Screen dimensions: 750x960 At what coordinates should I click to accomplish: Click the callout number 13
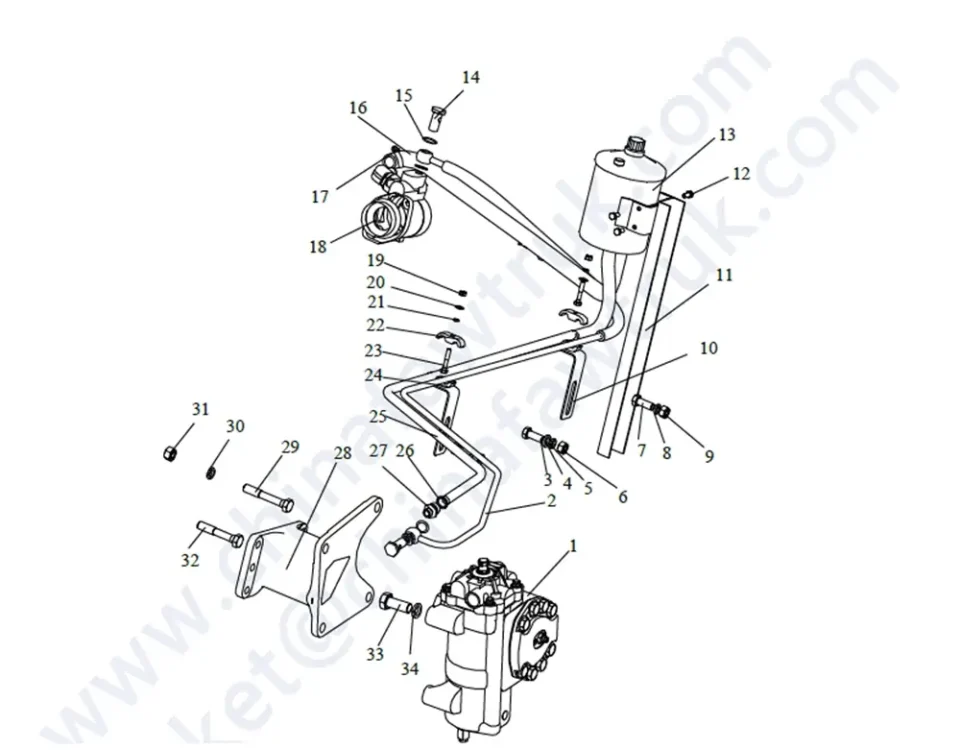tap(726, 135)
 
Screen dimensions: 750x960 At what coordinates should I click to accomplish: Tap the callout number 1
tap(573, 546)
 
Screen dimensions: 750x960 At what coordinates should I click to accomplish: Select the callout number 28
tap(343, 453)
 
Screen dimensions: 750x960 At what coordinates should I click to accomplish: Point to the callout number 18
tap(317, 246)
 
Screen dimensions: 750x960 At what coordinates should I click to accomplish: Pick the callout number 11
tap(724, 274)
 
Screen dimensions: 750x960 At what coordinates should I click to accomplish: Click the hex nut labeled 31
tap(169, 453)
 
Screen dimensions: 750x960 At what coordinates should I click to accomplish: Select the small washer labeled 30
tap(213, 472)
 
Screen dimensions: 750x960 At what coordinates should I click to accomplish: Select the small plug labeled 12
tap(689, 192)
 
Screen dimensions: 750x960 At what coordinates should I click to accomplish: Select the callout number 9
tap(709, 457)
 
